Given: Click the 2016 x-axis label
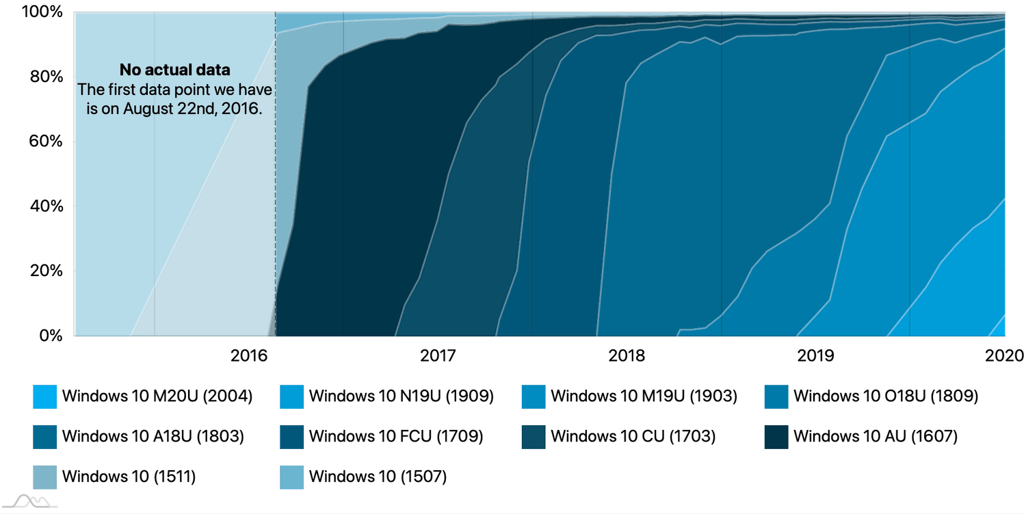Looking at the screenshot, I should [248, 355].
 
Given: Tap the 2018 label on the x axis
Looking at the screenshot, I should [626, 355].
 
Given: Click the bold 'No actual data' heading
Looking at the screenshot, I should [175, 70].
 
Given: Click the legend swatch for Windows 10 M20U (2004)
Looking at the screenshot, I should [44, 396].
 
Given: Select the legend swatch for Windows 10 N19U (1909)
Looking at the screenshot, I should [292, 396].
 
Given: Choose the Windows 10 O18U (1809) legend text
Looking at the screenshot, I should [886, 396].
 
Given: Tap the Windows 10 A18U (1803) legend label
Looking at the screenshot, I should [153, 436].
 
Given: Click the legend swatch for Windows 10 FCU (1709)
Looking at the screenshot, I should [292, 437].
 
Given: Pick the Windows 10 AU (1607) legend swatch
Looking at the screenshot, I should [776, 437].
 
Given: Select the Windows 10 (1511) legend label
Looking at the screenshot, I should [129, 476].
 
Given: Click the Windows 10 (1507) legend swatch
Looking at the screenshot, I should [292, 477].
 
